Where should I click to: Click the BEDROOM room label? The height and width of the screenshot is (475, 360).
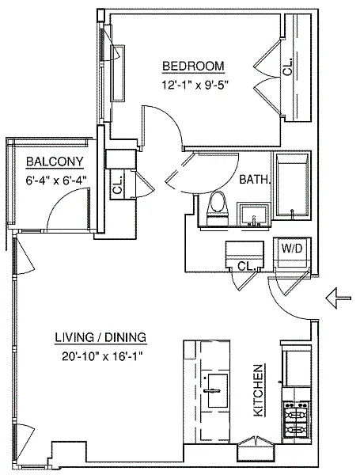coord(193,66)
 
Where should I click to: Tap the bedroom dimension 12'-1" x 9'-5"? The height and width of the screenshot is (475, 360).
coord(194,85)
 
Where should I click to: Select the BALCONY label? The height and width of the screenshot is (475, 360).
coord(55,161)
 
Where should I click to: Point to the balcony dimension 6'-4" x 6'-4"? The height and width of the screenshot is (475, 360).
coord(56,180)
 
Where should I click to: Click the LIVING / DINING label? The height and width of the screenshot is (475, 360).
coord(100,337)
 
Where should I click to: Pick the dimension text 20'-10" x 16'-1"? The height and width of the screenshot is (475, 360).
coord(102,356)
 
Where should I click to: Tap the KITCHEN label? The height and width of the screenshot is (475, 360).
coord(258,390)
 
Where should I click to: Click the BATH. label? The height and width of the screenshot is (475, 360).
coord(254,180)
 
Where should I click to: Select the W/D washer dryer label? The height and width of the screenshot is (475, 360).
coord(292,249)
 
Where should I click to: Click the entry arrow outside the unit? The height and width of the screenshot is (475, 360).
coord(338,298)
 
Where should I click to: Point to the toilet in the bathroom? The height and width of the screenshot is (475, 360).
coord(217,208)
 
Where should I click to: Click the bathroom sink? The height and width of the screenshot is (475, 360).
coord(254,215)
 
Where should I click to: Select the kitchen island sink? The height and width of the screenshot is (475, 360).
coord(215,390)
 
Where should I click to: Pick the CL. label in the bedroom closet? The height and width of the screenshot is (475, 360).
coord(288,67)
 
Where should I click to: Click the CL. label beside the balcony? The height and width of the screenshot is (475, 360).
coord(117,185)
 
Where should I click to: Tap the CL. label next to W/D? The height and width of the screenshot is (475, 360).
coord(245,266)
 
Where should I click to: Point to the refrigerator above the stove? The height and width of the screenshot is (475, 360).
coord(297,365)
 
